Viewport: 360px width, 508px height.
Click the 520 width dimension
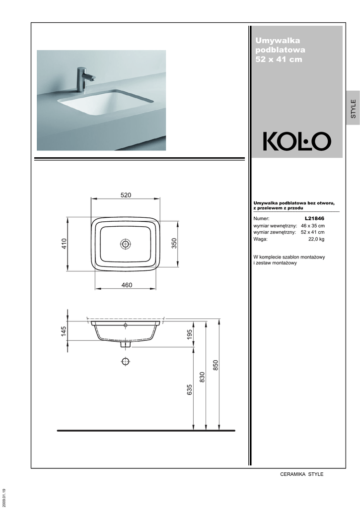[x=126, y=195]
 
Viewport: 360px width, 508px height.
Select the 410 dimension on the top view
[x=64, y=244]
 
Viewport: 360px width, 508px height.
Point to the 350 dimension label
[x=174, y=243]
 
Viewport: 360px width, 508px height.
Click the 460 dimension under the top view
[x=127, y=285]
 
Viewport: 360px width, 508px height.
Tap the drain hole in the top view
[x=126, y=244]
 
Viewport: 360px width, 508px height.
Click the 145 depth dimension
[x=63, y=331]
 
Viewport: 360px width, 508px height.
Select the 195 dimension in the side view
[x=190, y=334]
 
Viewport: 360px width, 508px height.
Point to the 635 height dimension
[x=190, y=389]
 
